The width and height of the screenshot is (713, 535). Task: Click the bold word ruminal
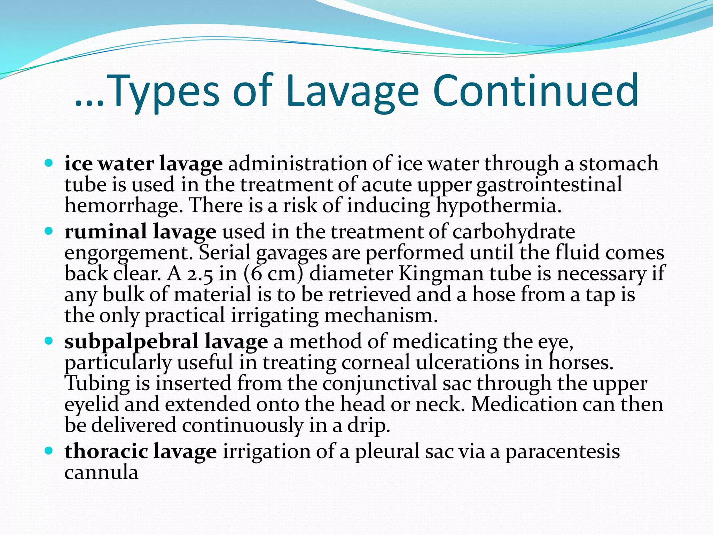point(105,232)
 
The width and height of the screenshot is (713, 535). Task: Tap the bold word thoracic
point(106,451)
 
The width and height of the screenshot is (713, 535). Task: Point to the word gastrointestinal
point(549,185)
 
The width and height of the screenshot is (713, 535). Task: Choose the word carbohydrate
point(514,232)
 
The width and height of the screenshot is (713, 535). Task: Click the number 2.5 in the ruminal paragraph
point(200,274)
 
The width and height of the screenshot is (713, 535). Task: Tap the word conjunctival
point(379,384)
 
